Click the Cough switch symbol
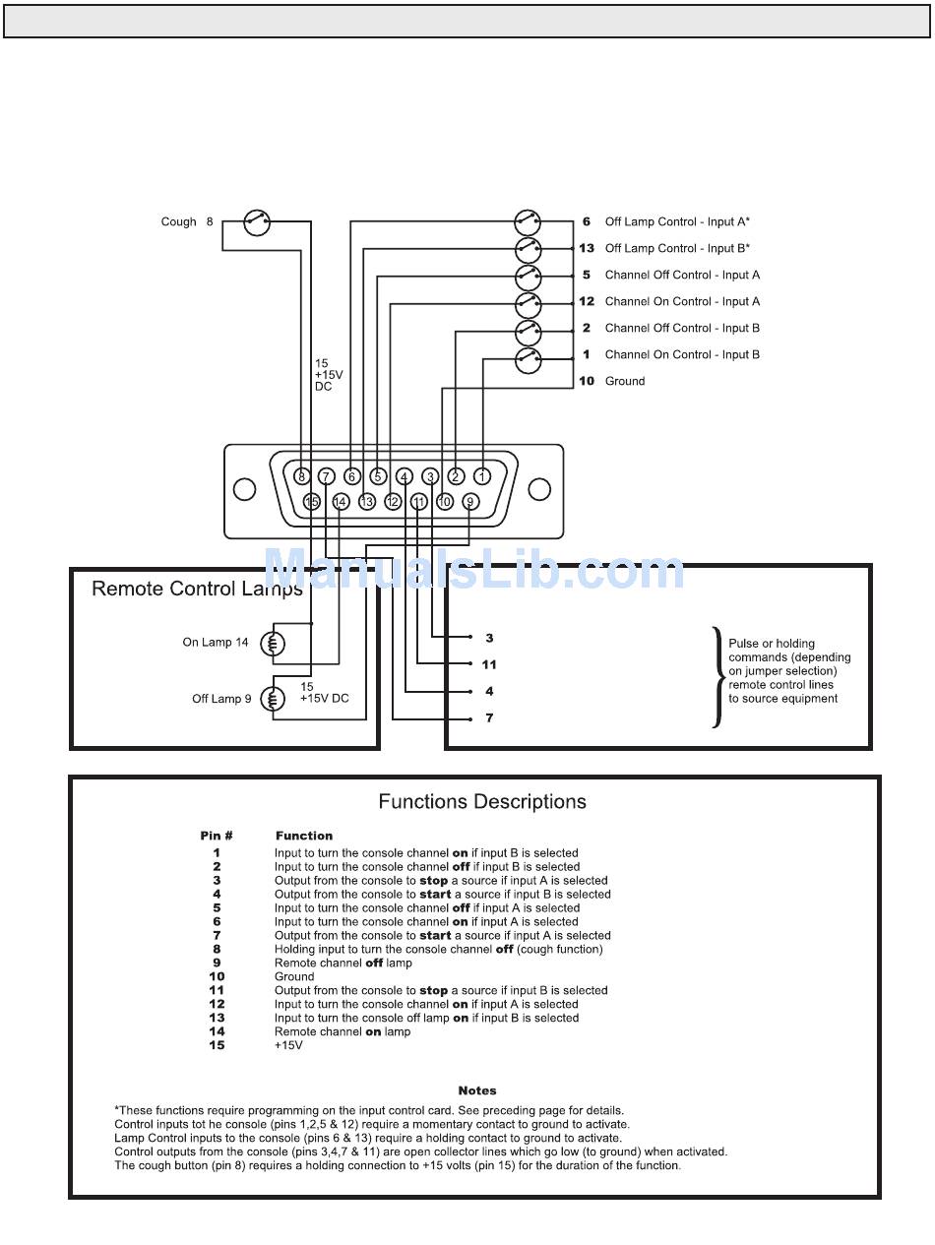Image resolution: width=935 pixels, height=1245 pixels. click(x=256, y=221)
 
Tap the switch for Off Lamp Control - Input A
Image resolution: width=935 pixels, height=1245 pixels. click(x=528, y=221)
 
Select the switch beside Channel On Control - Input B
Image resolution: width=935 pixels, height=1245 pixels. click(x=528, y=360)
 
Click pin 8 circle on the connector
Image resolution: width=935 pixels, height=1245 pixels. click(x=301, y=476)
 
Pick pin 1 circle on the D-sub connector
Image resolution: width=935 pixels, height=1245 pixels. click(x=482, y=476)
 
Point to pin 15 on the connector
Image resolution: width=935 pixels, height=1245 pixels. click(x=311, y=502)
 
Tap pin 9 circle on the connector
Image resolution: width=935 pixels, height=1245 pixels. click(x=470, y=502)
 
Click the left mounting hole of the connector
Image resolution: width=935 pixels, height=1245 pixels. click(x=244, y=489)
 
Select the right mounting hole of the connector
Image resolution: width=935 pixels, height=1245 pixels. click(x=539, y=489)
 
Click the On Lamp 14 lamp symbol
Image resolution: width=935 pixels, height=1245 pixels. click(x=273, y=644)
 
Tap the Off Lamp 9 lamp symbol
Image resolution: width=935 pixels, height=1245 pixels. click(x=273, y=699)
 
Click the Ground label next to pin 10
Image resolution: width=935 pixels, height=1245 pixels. click(x=625, y=381)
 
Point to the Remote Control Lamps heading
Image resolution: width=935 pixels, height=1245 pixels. click(x=197, y=589)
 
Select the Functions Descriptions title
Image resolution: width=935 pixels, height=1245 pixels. click(x=482, y=801)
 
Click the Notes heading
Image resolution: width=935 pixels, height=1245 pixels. click(x=477, y=1090)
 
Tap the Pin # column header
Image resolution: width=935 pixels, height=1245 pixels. click(x=216, y=836)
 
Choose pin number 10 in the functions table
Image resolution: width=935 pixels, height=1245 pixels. click(x=217, y=976)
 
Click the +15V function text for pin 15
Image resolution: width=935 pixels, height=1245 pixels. click(x=288, y=1045)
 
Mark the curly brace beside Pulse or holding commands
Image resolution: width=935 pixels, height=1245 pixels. click(x=717, y=677)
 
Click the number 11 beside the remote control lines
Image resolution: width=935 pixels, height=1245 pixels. click(x=489, y=664)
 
